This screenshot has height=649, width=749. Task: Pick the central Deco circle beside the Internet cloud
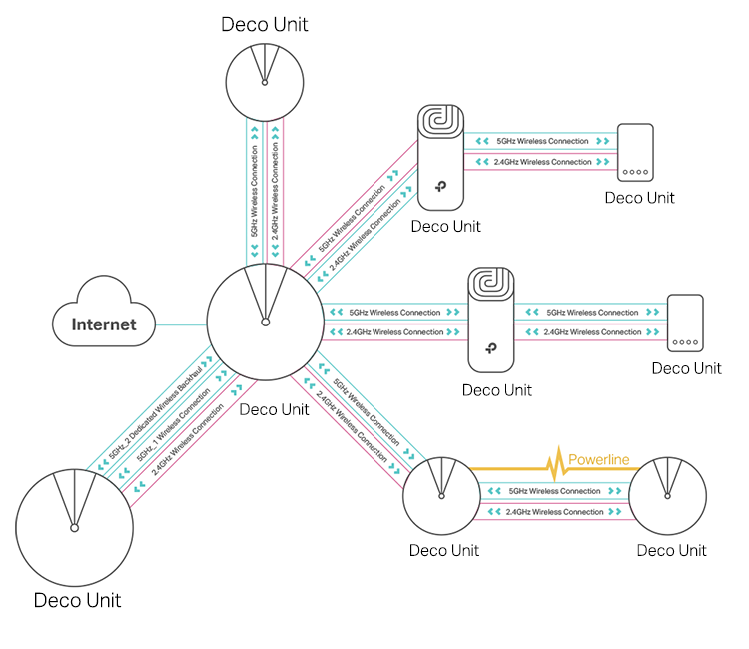(x=264, y=323)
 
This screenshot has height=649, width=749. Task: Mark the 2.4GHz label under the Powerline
(x=554, y=512)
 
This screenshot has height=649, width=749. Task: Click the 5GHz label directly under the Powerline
(x=554, y=491)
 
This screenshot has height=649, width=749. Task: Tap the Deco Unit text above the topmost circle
(x=264, y=24)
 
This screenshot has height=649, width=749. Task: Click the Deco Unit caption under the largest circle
(x=77, y=600)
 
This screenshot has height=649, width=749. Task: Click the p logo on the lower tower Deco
(x=490, y=349)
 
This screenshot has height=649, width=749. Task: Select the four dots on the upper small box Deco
(x=635, y=172)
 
